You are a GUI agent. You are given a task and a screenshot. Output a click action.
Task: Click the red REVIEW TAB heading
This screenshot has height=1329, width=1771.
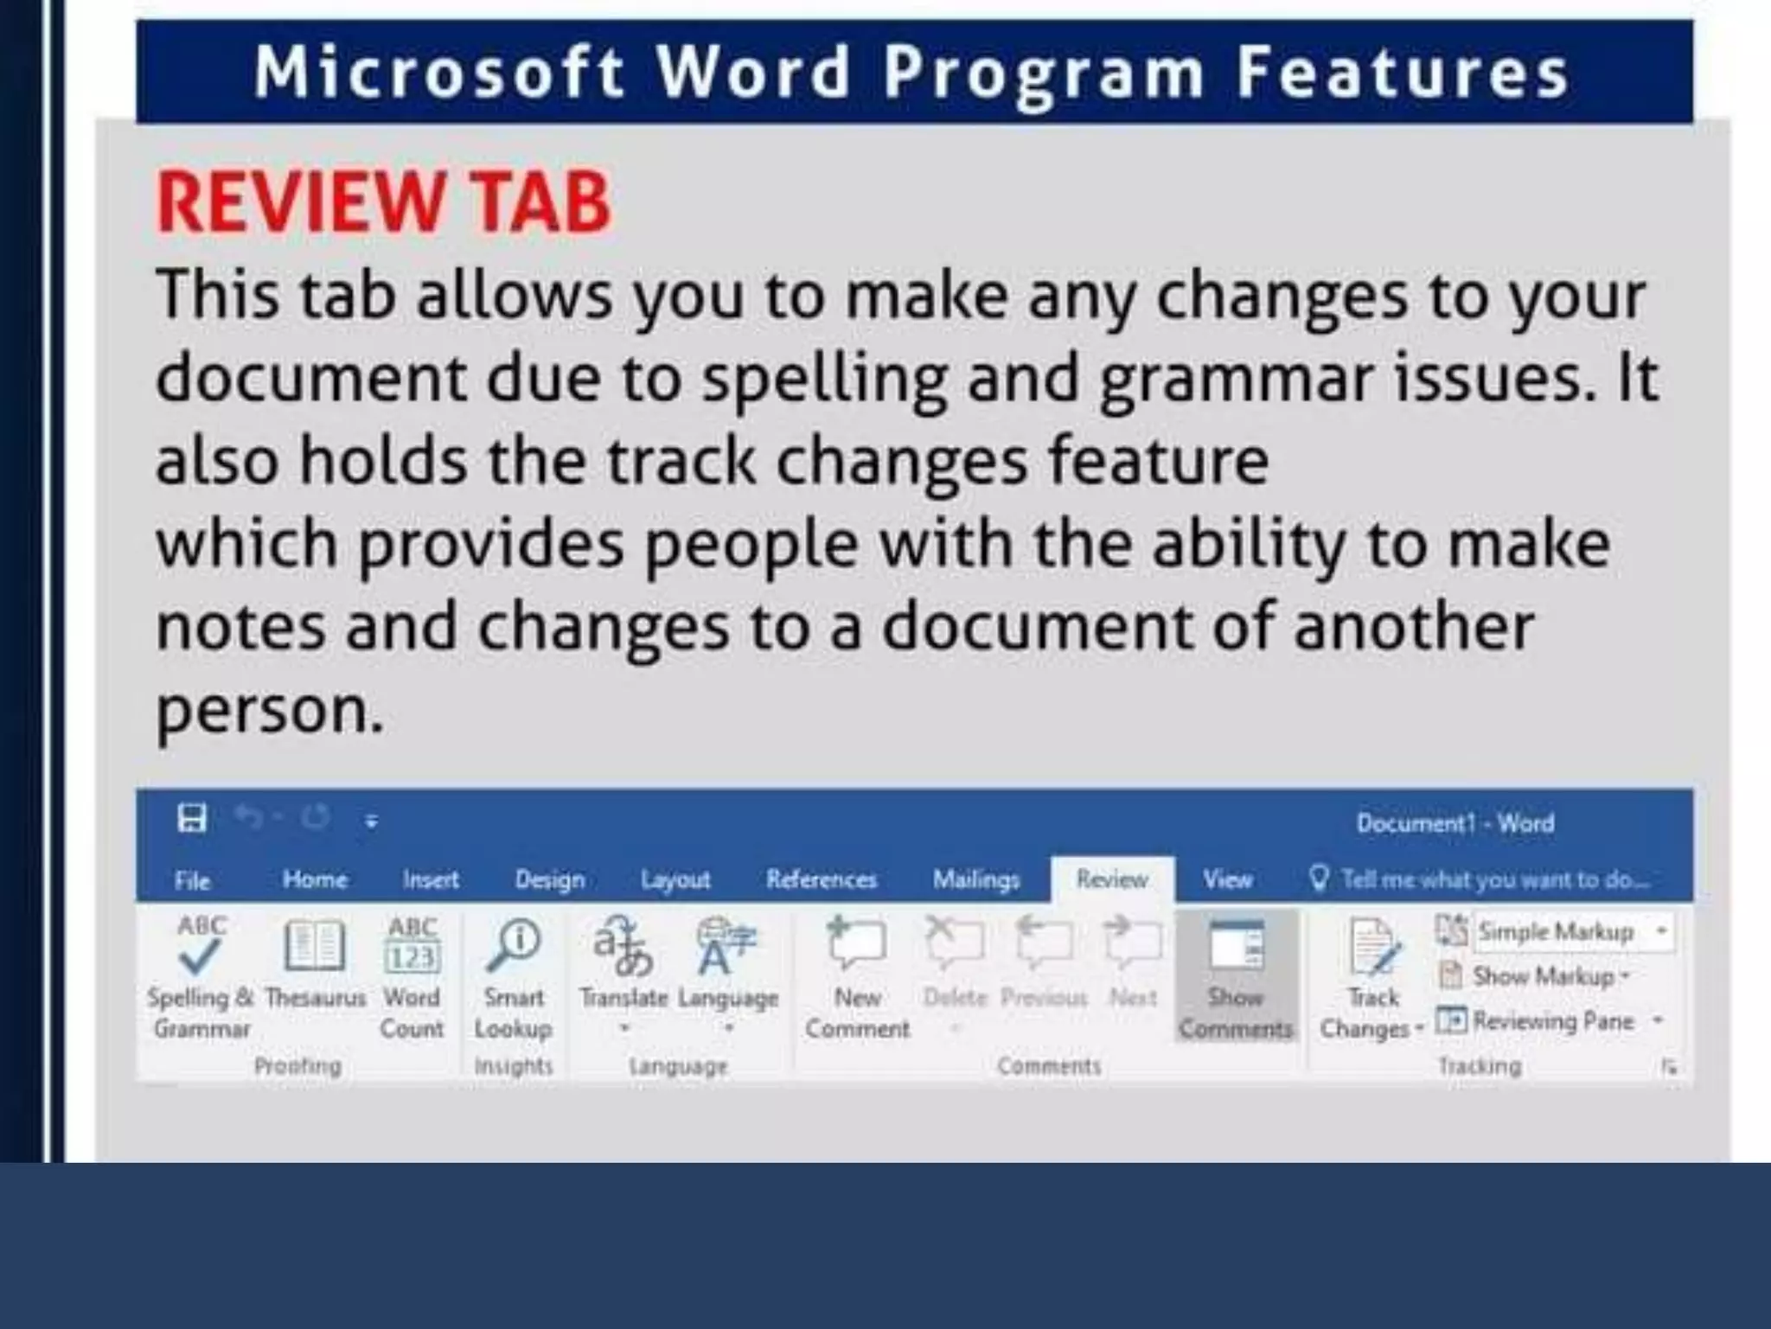tap(384, 202)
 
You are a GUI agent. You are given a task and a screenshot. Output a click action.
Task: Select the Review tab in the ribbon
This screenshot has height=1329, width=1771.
tap(1111, 879)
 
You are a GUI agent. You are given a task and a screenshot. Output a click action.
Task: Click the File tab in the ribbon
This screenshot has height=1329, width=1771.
tap(192, 880)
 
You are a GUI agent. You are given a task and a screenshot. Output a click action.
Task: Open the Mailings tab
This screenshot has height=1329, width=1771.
tap(975, 879)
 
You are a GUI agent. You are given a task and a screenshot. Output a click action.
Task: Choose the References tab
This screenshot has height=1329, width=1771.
tap(821, 879)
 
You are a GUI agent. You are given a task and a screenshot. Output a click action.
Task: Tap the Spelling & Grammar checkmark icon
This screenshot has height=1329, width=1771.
tap(201, 945)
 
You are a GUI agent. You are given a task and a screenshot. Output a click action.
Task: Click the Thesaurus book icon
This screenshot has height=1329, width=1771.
tap(315, 945)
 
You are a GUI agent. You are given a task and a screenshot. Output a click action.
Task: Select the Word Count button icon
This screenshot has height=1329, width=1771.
tap(412, 945)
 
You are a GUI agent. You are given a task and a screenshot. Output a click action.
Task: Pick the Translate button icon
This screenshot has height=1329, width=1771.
tap(623, 945)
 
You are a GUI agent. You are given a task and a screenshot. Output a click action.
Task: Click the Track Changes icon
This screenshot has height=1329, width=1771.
tap(1373, 949)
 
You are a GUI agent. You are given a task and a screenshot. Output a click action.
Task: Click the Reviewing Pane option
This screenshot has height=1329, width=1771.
tap(1553, 1021)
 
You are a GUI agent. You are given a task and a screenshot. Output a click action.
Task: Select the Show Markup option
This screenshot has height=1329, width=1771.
tap(1543, 976)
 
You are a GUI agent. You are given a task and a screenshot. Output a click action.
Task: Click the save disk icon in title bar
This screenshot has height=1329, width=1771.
tap(192, 817)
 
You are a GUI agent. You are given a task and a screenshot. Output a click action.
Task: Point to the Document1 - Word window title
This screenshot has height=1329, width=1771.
tap(1455, 822)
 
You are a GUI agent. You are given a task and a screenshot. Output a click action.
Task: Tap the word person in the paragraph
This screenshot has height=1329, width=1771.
tap(268, 711)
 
